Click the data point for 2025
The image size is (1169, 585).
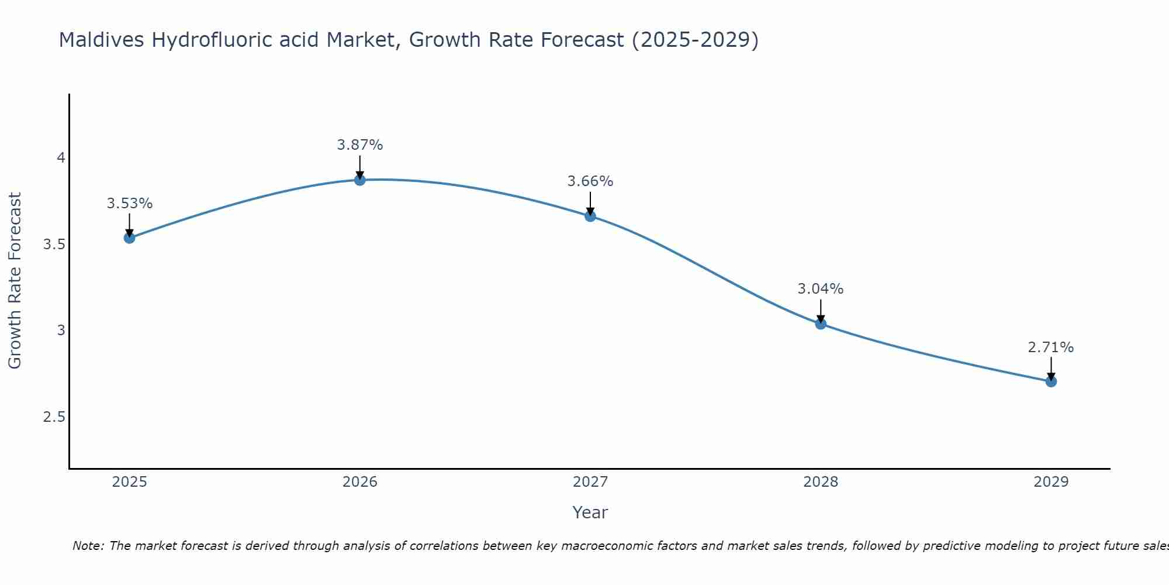130,238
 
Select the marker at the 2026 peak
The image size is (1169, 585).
360,180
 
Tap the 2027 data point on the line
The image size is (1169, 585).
590,216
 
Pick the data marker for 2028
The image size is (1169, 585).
821,324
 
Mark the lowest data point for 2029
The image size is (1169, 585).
1051,381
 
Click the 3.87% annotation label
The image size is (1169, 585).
360,144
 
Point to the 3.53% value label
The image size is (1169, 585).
130,204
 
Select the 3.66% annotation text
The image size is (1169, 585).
590,181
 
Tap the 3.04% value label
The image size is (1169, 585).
821,288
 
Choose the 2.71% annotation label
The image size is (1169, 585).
1051,347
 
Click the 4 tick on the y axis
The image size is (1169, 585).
61,158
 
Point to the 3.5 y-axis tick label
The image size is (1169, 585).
54,244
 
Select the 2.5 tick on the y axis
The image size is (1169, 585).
54,417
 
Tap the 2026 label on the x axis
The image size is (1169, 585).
360,481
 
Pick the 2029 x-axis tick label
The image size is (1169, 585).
1051,481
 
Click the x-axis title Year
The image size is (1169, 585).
590,512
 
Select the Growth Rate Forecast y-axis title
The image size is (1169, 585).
15,281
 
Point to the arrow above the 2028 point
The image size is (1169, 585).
821,310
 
